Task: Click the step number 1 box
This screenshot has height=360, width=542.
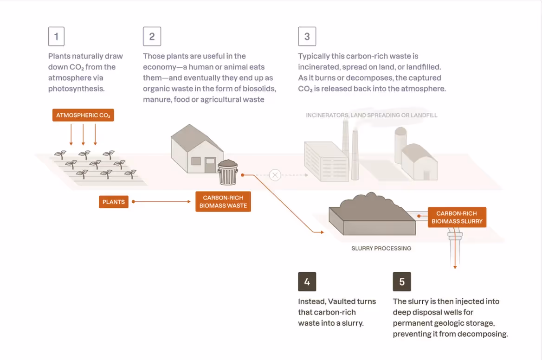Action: click(56, 36)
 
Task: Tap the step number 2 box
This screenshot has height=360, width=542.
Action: click(152, 36)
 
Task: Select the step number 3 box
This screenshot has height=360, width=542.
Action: click(307, 36)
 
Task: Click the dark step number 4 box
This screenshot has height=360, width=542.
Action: click(307, 282)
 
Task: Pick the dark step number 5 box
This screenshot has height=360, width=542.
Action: click(402, 282)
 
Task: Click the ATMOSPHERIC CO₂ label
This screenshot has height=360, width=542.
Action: click(83, 115)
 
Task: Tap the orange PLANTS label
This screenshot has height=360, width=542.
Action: click(113, 202)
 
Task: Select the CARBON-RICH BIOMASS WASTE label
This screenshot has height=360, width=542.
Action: click(223, 201)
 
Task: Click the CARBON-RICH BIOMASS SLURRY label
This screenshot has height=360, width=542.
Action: click(457, 217)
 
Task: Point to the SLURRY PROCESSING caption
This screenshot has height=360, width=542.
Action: click(381, 248)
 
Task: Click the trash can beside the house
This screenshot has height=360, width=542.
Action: click(228, 173)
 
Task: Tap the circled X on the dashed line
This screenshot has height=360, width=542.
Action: click(275, 175)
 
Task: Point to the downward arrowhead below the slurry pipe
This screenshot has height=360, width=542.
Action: click(455, 267)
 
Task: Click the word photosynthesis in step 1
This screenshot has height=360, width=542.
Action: click(76, 89)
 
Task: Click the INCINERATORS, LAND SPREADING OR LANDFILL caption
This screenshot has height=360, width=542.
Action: click(372, 115)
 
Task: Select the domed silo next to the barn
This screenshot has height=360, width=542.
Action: click(400, 145)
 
